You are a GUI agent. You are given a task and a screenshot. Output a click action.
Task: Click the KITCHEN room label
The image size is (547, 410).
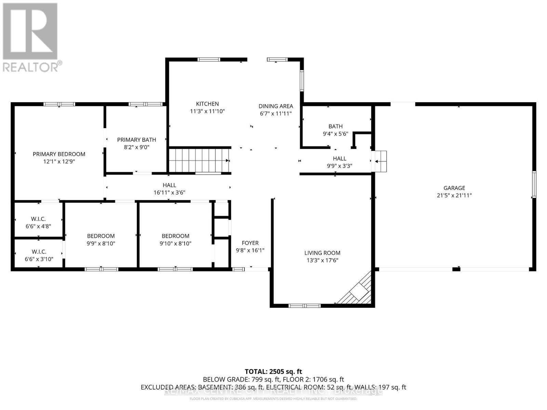tap(207, 104)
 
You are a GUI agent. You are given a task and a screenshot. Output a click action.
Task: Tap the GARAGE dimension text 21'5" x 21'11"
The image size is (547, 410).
tap(454, 195)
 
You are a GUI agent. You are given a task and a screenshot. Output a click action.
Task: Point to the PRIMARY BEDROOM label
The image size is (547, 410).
tap(59, 154)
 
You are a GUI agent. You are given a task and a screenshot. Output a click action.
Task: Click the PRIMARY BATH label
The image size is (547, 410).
tap(136, 140)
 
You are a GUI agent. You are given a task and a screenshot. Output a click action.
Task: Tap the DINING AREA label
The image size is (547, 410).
tap(276, 106)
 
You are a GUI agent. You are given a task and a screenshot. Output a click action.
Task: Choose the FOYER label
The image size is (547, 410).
tap(250, 243)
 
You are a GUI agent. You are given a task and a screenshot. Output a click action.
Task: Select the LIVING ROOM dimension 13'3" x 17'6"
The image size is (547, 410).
tap(322, 260)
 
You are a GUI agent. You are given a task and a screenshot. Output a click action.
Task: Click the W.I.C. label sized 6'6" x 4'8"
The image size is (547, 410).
tap(38, 219)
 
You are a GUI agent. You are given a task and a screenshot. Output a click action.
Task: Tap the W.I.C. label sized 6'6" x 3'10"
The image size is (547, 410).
tap(38, 251)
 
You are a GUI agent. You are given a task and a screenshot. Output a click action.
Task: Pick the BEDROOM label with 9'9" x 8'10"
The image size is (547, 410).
tap(101, 236)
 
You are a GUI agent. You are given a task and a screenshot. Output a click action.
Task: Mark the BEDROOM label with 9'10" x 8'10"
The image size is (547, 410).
tap(175, 236)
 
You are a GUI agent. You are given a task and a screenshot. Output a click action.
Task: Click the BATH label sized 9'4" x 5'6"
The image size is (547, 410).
tap(335, 126)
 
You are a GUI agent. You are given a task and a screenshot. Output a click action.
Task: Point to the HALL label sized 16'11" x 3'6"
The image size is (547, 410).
tap(169, 185)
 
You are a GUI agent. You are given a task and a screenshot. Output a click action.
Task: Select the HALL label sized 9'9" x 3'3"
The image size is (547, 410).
tap(339, 159)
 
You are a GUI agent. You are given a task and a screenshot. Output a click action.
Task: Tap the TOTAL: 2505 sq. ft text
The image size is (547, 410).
tap(273, 371)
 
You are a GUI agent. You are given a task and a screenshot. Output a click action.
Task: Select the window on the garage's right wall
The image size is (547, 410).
tap(534, 184)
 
